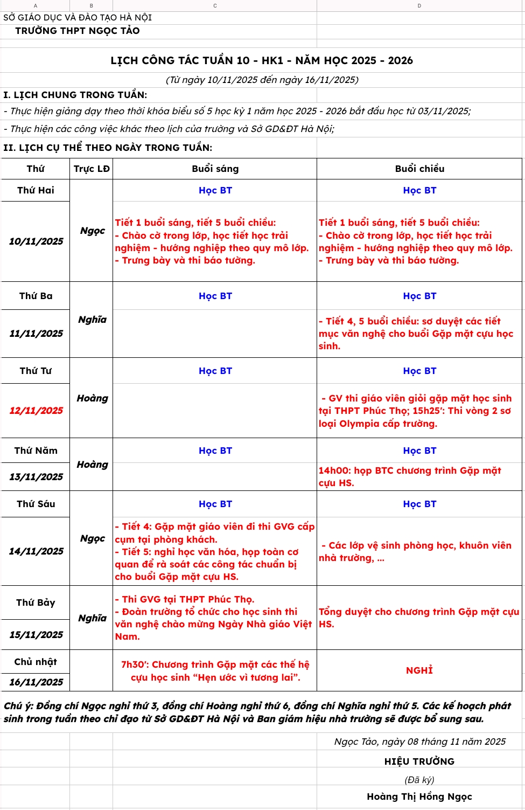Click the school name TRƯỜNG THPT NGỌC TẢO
tap(77, 31)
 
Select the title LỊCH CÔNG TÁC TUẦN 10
tap(261, 60)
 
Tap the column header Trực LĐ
tap(92, 169)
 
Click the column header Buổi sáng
tap(215, 169)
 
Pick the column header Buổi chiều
tap(419, 169)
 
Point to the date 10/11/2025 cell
tap(36, 241)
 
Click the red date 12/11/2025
tap(36, 411)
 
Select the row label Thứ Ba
tap(36, 296)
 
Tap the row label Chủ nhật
tap(36, 662)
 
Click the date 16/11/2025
tap(36, 682)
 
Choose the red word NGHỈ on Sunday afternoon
tap(419, 670)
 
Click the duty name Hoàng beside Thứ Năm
tap(92, 465)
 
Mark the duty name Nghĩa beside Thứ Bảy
tap(92, 618)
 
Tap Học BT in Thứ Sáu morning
tap(215, 504)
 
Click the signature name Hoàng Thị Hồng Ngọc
tap(419, 797)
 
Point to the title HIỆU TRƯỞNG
tap(419, 761)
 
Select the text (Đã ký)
tap(419, 780)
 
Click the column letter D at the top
tap(419, 6)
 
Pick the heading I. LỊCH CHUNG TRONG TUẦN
tap(75, 95)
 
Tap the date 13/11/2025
tap(36, 477)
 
